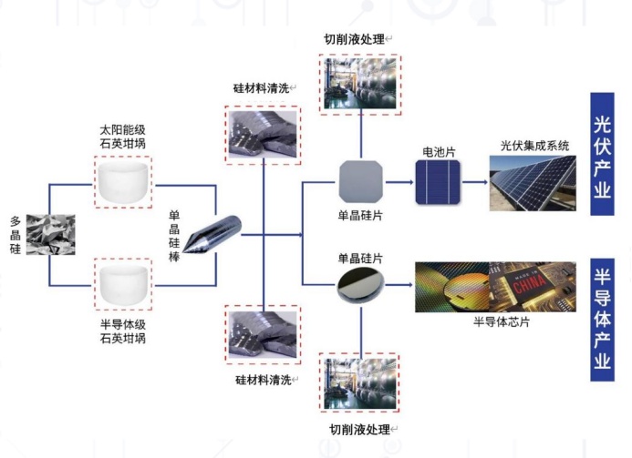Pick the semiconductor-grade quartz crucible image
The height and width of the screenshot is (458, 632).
[122, 284]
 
